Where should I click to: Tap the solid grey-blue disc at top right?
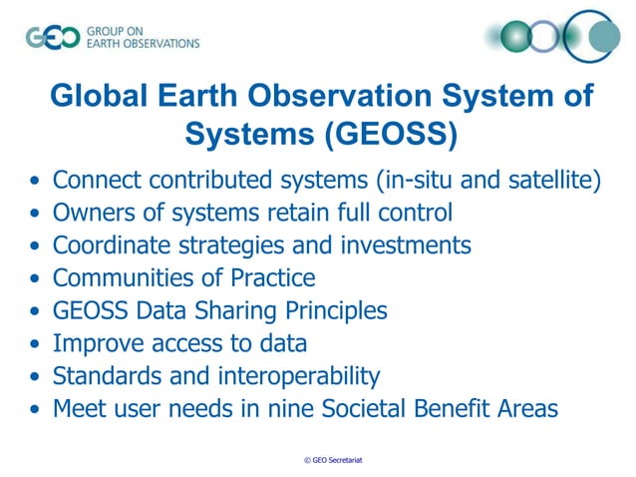pyautogui.click(x=601, y=38)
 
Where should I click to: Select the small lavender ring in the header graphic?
pyautogui.click(x=544, y=38)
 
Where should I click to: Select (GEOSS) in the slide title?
pyautogui.click(x=390, y=133)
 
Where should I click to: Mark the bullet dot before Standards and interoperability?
pyautogui.click(x=36, y=377)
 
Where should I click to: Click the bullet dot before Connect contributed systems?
pyautogui.click(x=36, y=183)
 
